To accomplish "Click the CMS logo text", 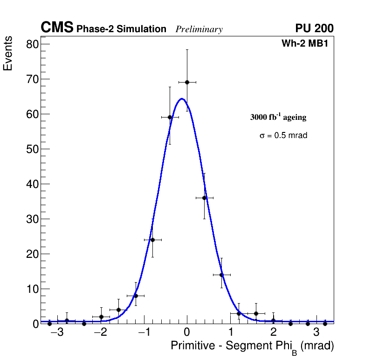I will coord(57,28).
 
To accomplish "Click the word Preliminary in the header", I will coord(199,29).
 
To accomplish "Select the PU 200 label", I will coord(314,28).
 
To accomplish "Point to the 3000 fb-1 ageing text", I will coord(278,117).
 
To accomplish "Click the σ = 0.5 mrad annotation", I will coord(283,136).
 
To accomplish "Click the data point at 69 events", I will coord(187,82).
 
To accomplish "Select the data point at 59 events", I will coord(170,117).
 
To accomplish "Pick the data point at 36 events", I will coord(204,198).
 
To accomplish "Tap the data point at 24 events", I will coord(152,240).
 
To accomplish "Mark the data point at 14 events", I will coord(221,275).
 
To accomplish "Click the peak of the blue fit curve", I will coord(182,98).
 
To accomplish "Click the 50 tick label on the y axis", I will coord(32,149).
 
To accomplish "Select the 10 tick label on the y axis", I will coord(32,289).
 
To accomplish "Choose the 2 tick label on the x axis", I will coord(274,332).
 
